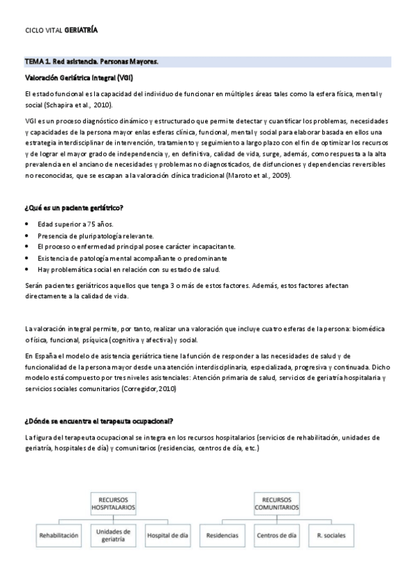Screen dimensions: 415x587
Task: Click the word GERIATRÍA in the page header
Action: (x=81, y=30)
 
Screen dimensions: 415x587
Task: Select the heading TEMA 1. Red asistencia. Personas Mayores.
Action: (x=91, y=62)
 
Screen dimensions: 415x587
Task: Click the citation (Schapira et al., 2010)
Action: (x=76, y=105)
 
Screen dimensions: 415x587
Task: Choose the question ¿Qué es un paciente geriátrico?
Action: (x=73, y=208)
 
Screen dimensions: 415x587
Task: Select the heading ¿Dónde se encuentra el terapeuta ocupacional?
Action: (x=98, y=422)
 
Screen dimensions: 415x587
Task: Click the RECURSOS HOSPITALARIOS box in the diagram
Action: (x=112, y=504)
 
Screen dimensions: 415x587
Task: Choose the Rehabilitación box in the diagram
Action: (x=59, y=536)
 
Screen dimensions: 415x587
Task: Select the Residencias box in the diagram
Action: (x=222, y=536)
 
